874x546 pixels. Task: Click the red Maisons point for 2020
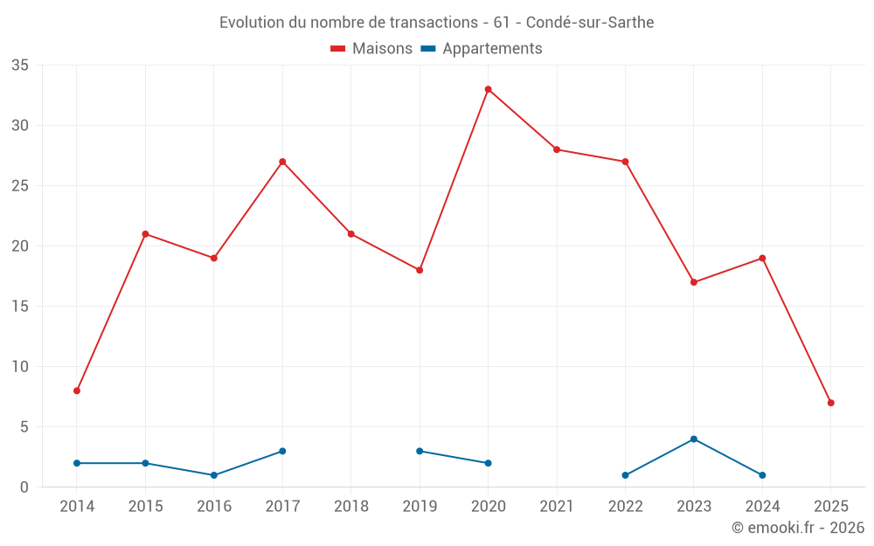pos(488,89)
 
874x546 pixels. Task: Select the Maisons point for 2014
pos(77,390)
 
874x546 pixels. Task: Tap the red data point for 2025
pos(830,403)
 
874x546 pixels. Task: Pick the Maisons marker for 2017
pos(282,162)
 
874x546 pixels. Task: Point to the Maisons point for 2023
pos(693,282)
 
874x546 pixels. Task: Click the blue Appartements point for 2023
pos(693,439)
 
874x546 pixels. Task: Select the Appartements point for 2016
pos(213,475)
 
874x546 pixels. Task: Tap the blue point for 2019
pos(420,451)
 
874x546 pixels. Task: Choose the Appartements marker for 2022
pos(625,475)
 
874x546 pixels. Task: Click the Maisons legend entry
pos(371,49)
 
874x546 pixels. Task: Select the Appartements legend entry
pos(482,49)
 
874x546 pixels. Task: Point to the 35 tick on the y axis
pos(20,66)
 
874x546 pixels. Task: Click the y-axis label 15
pos(20,307)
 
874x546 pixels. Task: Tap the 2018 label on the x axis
pos(350,506)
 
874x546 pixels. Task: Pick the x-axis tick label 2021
pos(557,506)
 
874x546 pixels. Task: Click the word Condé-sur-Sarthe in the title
pos(590,23)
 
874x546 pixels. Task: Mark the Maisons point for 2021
pos(556,149)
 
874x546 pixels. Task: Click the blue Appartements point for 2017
pos(282,451)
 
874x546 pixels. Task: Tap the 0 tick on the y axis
pos(24,487)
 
